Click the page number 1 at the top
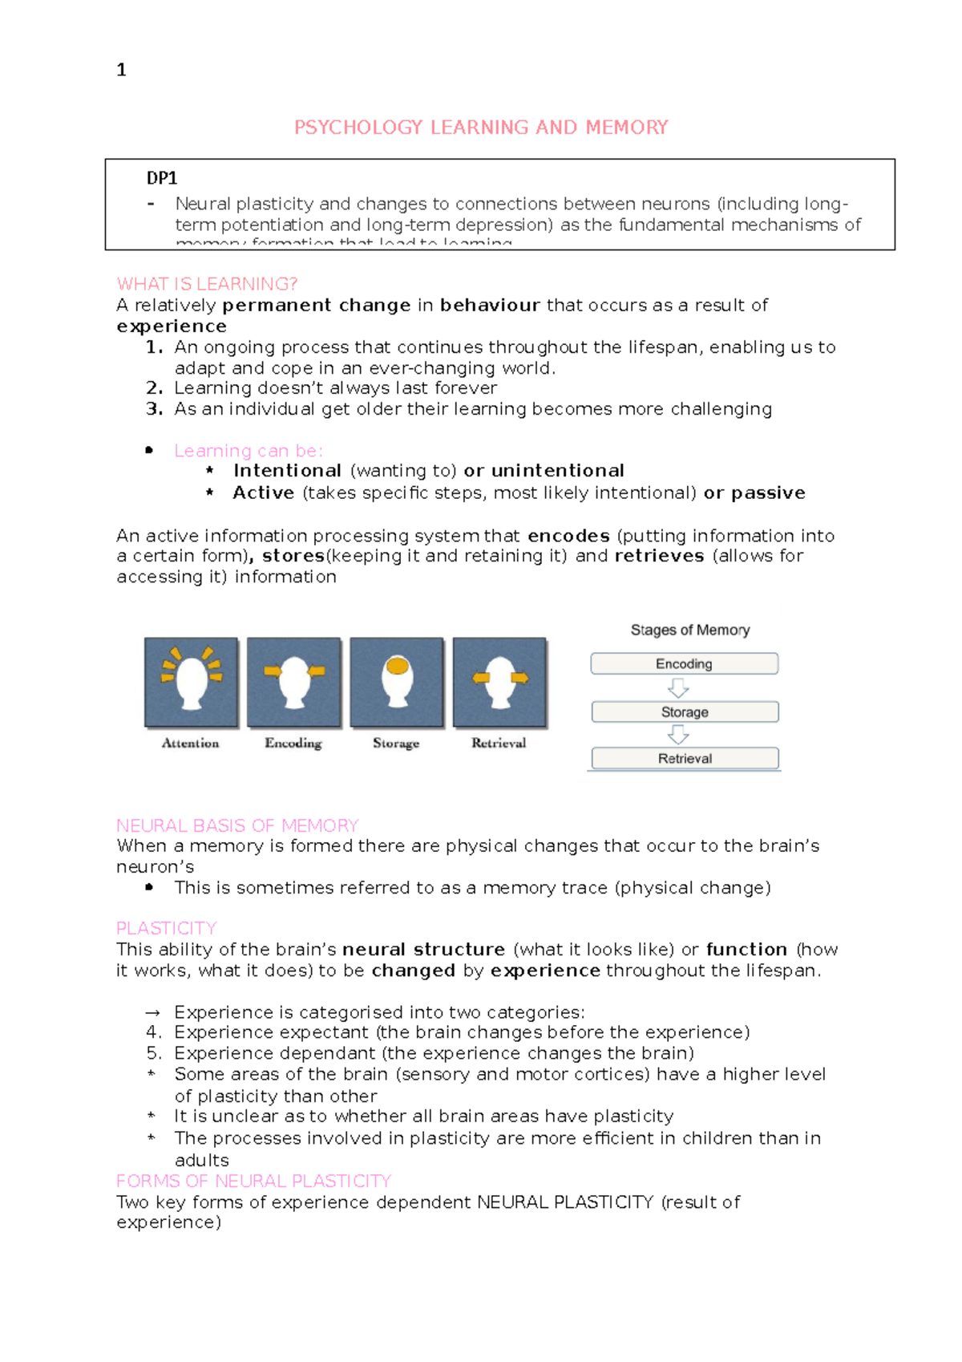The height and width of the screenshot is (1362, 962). point(121,70)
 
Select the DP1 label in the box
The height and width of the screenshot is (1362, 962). point(161,178)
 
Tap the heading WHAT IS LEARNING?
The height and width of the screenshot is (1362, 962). point(207,284)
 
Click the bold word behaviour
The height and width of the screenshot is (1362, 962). point(490,306)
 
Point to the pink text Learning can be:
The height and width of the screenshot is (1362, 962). point(249,451)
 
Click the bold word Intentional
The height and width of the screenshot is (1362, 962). point(287,471)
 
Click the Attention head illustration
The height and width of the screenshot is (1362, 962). point(191,683)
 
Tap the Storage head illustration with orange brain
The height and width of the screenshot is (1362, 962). point(397,683)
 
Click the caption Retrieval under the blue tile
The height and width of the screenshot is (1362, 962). point(499,744)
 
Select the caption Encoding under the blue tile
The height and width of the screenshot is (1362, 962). point(293,744)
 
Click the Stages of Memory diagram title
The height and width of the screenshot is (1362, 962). point(689,630)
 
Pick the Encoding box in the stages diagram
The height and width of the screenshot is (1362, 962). point(684,663)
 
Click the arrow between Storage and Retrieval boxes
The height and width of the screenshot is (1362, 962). point(678,734)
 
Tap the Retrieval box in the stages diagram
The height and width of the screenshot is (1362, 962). point(685,758)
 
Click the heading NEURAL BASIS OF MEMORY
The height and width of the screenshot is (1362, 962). point(237,825)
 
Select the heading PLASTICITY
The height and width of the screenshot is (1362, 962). point(167,928)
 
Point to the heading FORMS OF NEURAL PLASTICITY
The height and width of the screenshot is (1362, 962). point(253,1181)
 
